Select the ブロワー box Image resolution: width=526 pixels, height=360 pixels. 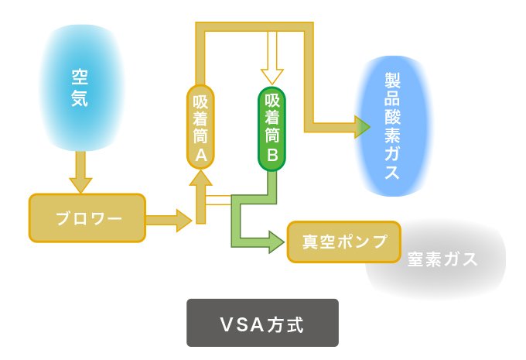pyautogui.click(x=87, y=218)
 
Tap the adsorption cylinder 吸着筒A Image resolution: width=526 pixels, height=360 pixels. pyautogui.click(x=200, y=127)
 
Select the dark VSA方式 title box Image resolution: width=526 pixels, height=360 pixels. pyautogui.click(x=262, y=322)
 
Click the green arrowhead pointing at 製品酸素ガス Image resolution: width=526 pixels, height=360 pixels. pyautogui.click(x=361, y=127)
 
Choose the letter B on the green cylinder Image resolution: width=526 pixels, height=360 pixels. pyautogui.click(x=272, y=155)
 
